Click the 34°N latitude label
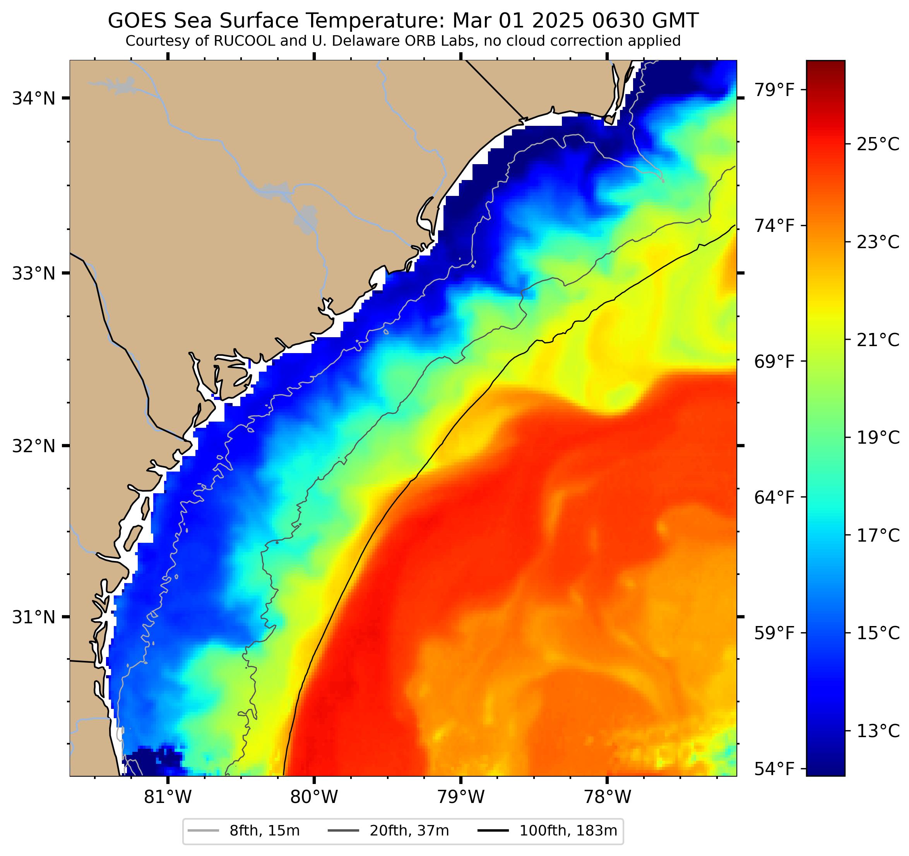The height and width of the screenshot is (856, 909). point(33,98)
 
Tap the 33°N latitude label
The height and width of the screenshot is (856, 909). point(33,274)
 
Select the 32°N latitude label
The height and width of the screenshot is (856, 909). point(33,446)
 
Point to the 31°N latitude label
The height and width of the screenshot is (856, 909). point(33,618)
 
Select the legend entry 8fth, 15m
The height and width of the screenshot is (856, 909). point(264,830)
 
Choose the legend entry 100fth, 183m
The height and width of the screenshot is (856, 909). point(568,830)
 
